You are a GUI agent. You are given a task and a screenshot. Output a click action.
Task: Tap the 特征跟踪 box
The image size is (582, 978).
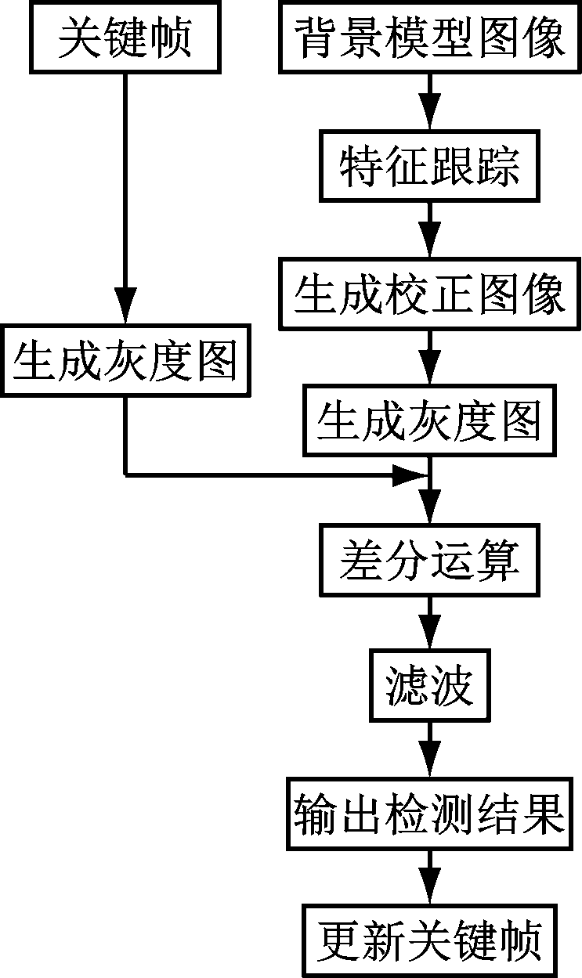[x=429, y=166]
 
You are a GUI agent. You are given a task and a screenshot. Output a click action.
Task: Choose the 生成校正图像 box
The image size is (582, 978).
[x=429, y=294]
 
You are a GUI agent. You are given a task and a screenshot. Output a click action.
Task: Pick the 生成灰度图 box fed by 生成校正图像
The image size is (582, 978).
[x=429, y=421]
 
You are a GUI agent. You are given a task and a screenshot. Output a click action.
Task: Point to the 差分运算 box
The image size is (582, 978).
[x=429, y=561]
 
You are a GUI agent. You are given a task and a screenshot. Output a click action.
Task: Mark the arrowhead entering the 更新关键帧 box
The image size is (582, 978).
[x=429, y=889]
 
